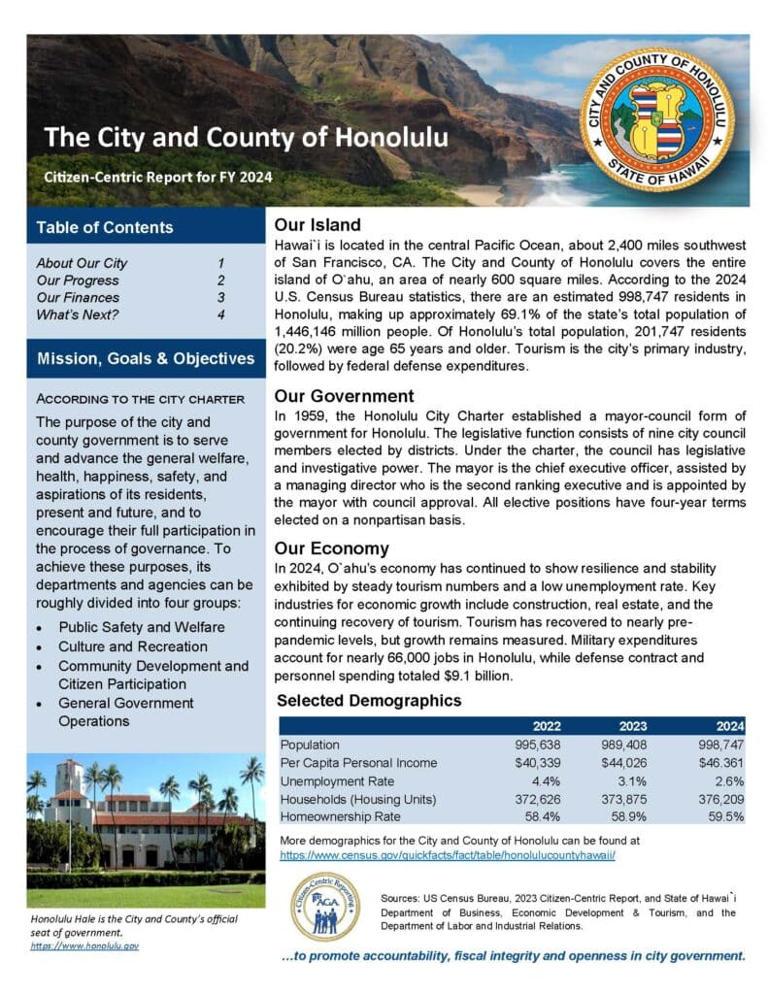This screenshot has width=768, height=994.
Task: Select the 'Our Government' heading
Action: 345,396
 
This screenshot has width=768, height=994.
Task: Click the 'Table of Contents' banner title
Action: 105,228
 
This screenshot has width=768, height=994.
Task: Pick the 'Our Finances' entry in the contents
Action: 78,298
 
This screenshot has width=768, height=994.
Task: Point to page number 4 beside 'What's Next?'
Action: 221,315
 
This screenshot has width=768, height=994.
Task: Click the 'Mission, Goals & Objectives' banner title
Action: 146,359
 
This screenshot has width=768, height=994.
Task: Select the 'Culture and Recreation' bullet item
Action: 132,646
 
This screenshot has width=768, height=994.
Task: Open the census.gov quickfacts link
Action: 448,856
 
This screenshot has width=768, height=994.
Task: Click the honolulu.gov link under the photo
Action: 84,945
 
